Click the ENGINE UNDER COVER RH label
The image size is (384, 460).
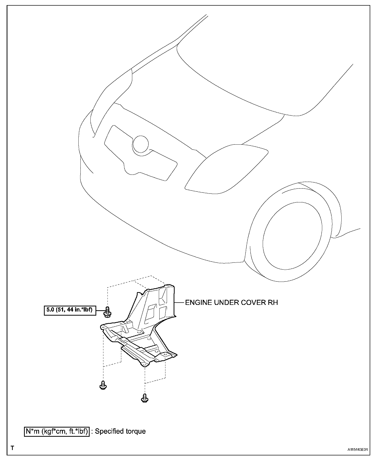click(x=231, y=303)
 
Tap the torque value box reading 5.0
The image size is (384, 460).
click(x=70, y=310)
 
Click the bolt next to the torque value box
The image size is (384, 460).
click(x=107, y=312)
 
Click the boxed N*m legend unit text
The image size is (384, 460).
click(x=57, y=431)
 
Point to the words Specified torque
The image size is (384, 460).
click(x=120, y=431)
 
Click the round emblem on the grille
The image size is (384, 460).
click(x=140, y=145)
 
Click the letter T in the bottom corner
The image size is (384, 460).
click(x=12, y=448)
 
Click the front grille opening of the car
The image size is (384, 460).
click(x=140, y=153)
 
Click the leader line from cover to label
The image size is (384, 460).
click(x=179, y=303)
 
